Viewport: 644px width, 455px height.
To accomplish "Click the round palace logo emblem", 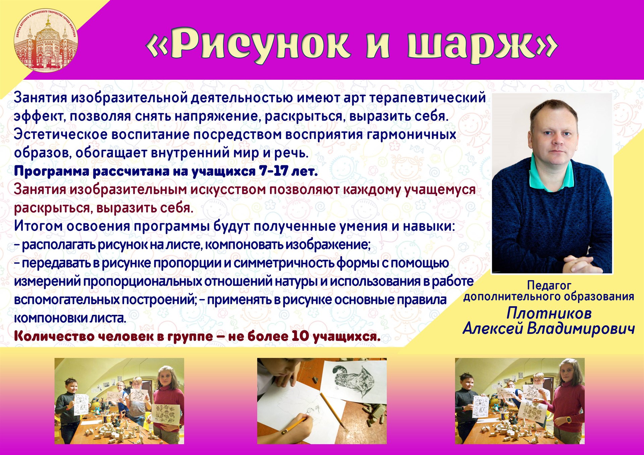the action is point(46,40).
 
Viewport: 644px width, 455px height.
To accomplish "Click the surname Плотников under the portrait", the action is point(549,314).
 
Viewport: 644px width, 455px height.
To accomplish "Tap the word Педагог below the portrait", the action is point(549,285).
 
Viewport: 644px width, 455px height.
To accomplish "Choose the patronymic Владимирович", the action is point(581,329).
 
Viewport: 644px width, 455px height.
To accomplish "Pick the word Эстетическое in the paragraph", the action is point(61,134).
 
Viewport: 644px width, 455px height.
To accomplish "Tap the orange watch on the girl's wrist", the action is point(567,420).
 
